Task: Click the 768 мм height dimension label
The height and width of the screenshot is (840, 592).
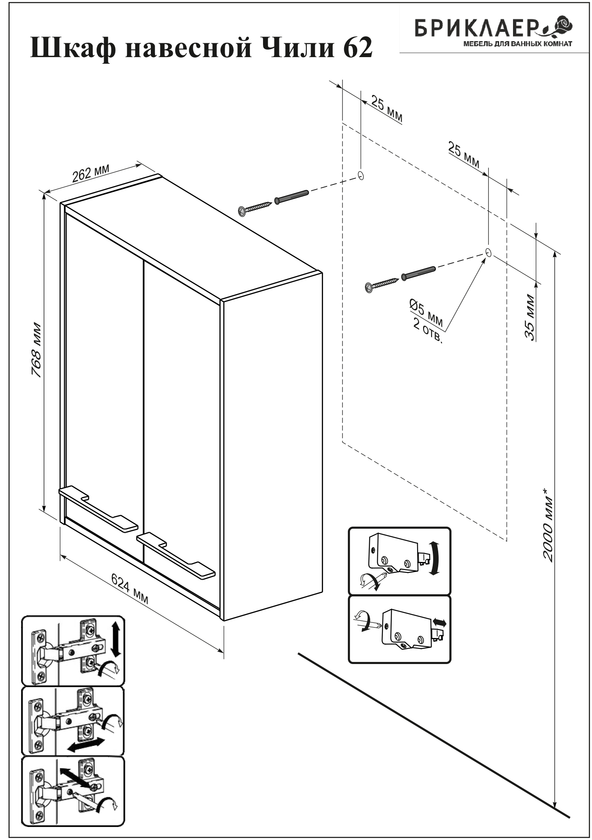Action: point(37,350)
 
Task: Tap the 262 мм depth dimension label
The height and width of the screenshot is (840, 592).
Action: point(91,173)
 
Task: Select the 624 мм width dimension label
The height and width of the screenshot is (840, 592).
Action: point(129,588)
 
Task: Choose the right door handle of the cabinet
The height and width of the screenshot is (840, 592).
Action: point(176,556)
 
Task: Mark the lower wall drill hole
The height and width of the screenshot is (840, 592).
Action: point(488,252)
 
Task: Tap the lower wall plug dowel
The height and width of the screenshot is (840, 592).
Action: point(418,273)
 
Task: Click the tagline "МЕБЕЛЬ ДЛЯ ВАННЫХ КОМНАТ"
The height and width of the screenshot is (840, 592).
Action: point(517,44)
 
